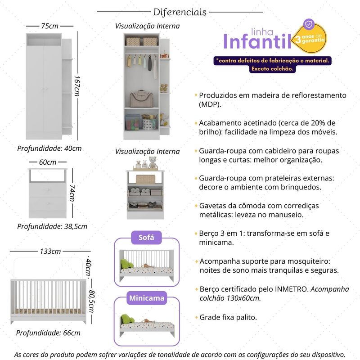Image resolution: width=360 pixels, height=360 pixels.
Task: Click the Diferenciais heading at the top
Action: click(180, 12)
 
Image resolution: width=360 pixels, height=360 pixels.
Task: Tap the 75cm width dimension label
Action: click(49, 26)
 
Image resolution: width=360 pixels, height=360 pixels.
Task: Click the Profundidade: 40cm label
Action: click(49, 148)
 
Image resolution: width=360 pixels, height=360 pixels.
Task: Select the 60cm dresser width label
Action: click(48, 162)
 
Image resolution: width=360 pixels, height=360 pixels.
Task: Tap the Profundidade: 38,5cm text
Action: click(52, 226)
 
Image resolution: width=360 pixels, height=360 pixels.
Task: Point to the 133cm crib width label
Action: click(50, 251)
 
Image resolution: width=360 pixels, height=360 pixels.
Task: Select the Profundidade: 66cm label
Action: click(48, 333)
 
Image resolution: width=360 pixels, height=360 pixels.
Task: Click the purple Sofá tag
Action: click(146, 238)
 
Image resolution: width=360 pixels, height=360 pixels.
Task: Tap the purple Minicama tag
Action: click(146, 298)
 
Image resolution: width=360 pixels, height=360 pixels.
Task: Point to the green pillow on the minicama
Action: click(127, 320)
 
